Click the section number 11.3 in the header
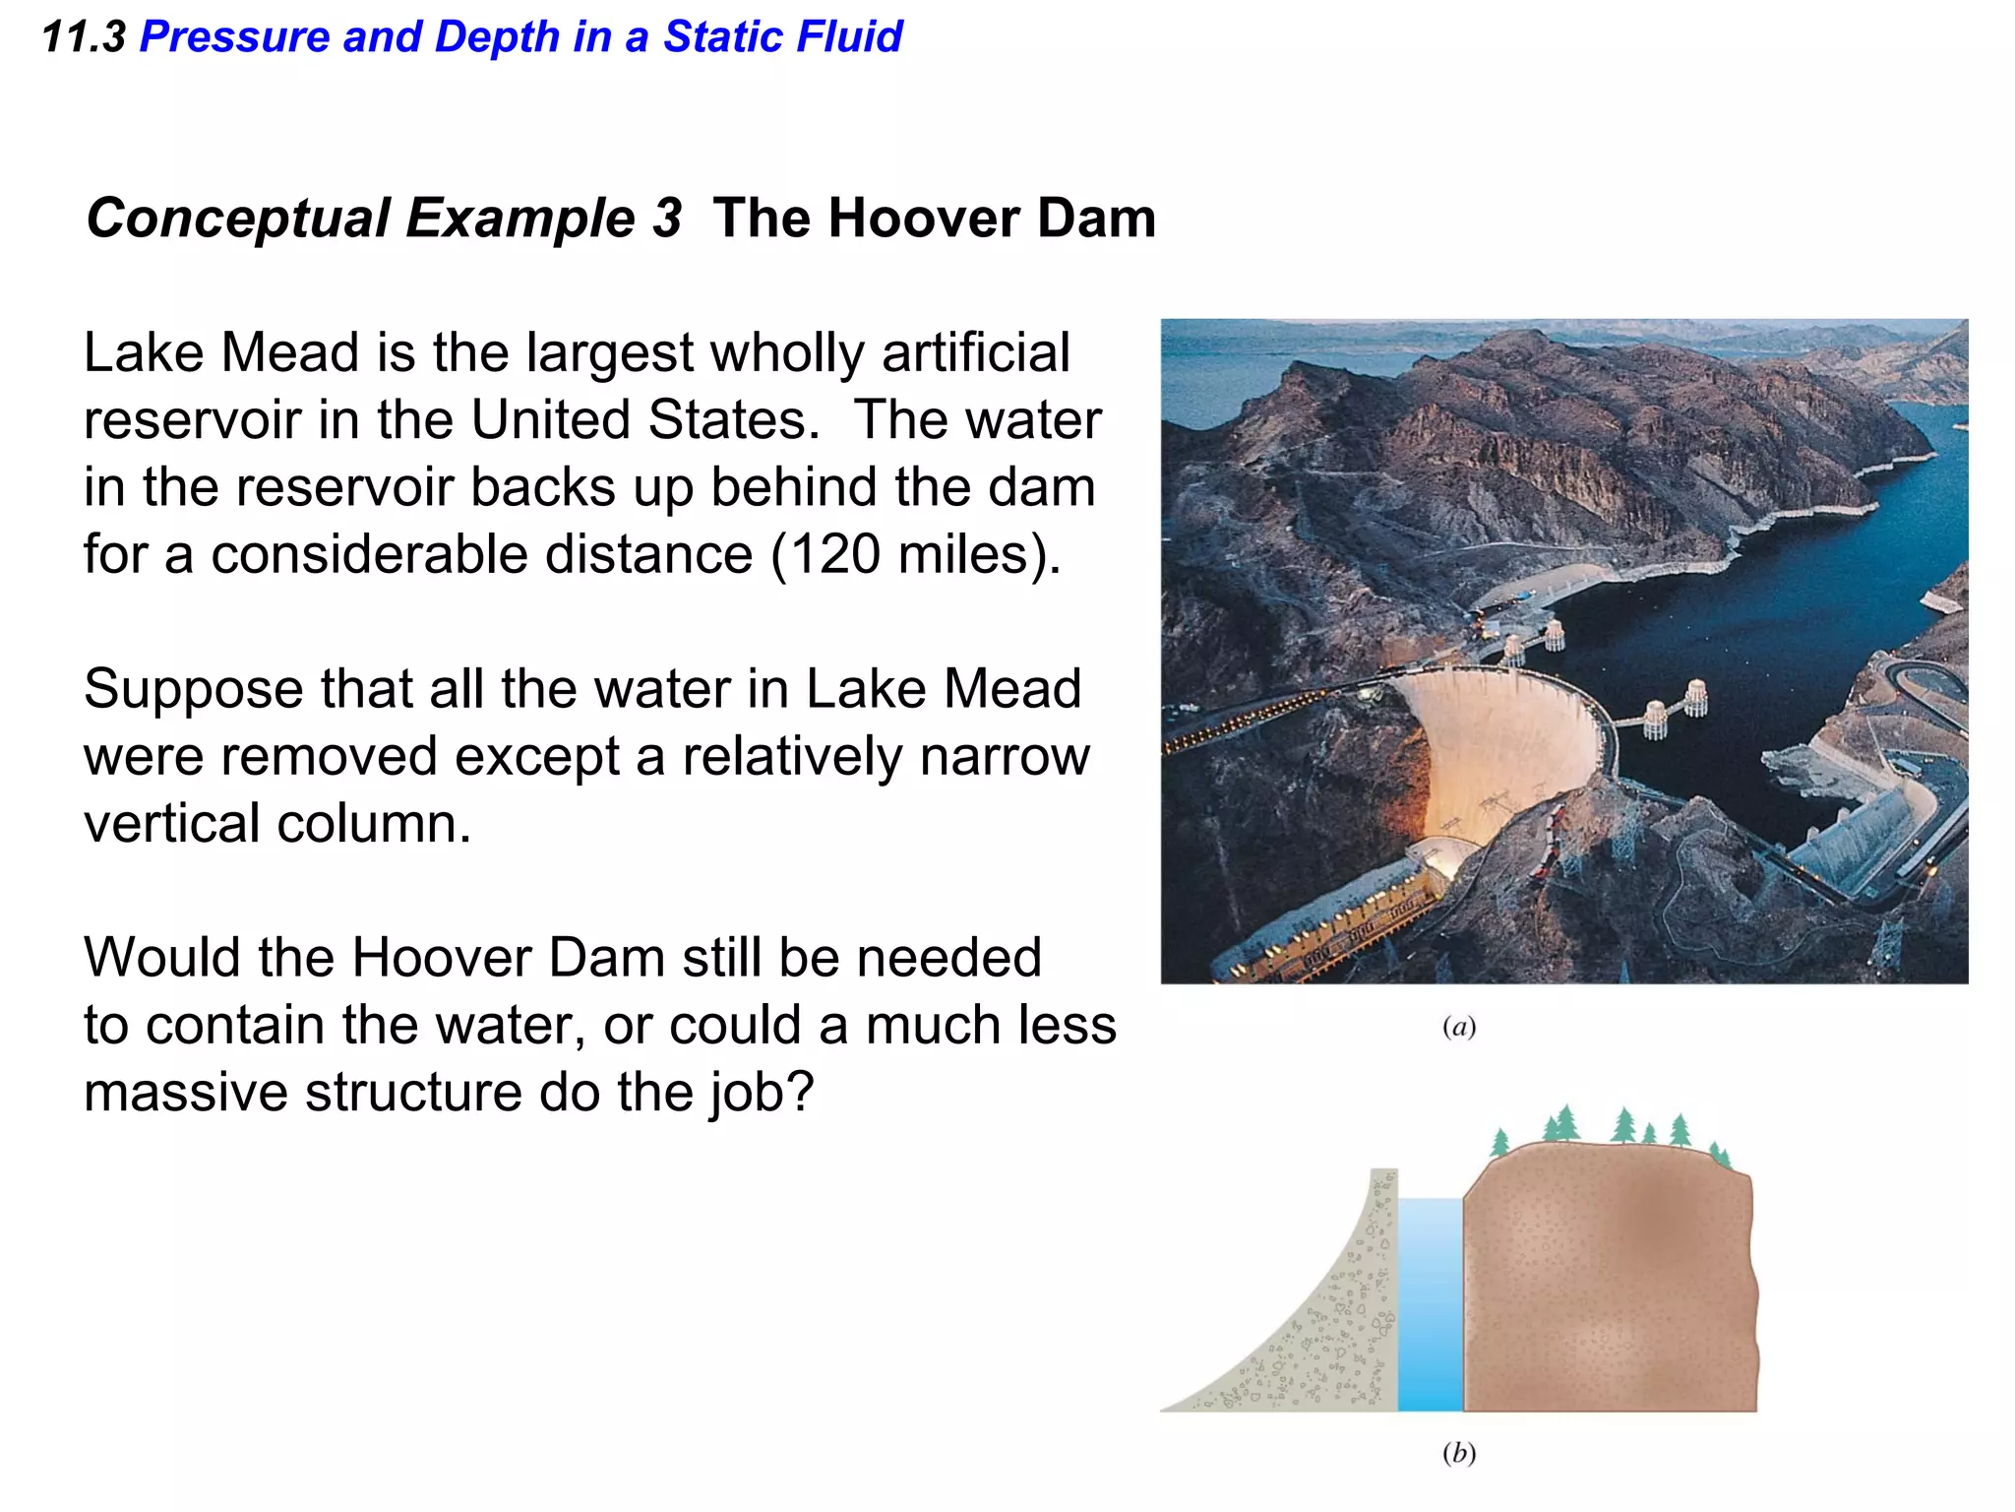84,37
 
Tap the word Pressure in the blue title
234,37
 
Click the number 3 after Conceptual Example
666,218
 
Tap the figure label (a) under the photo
1458,1028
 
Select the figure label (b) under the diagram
1458,1453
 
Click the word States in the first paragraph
733,420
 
